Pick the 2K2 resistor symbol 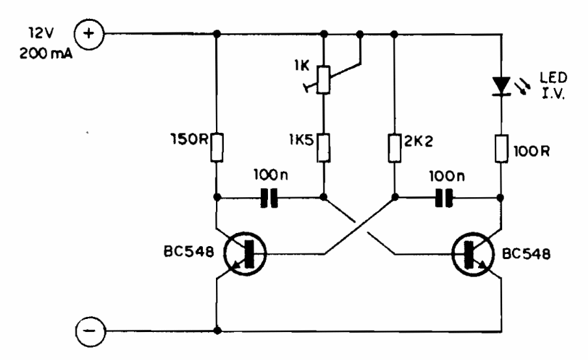pos(394,147)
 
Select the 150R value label pos(185,139)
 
